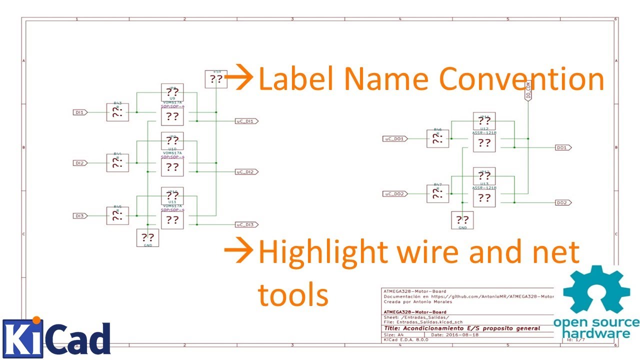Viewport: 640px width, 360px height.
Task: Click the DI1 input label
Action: tap(80, 112)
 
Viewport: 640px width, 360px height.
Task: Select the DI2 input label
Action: tap(80, 163)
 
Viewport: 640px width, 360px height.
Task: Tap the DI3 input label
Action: tap(80, 216)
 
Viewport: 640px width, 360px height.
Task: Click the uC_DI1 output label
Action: tap(246, 121)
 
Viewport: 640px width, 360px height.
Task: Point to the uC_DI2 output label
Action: tap(246, 172)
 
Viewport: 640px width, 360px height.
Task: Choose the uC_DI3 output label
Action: tap(246, 224)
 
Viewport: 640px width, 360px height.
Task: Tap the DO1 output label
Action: tap(563, 148)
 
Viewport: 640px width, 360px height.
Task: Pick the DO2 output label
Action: tap(563, 202)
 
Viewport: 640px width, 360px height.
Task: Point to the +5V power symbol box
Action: tap(216, 79)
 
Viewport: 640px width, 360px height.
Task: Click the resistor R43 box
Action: tap(117, 112)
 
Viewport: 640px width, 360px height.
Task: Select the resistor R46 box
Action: tap(437, 138)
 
